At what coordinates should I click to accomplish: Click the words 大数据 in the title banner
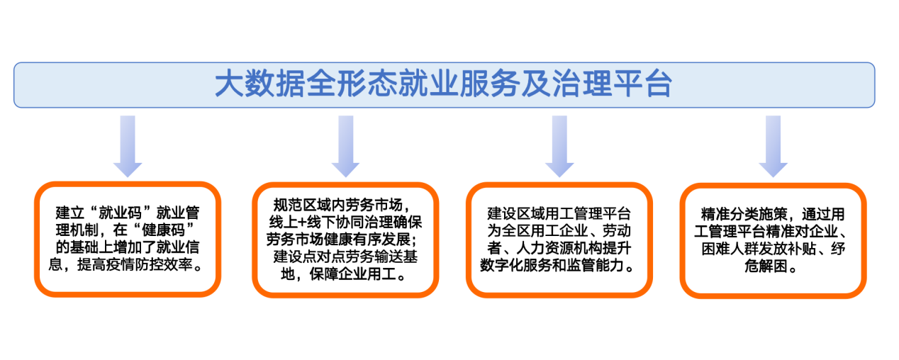(x=260, y=84)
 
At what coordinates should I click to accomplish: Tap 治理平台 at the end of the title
(x=612, y=84)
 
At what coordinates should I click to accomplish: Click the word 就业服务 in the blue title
(x=458, y=84)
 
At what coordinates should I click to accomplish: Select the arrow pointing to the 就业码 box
(x=128, y=147)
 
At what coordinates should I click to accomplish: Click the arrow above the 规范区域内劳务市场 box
(x=345, y=147)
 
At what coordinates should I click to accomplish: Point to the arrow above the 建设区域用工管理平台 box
(x=559, y=147)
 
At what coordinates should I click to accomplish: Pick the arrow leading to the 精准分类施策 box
(x=773, y=147)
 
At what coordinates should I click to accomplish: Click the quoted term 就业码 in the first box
(x=120, y=213)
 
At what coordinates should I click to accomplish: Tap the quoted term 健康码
(x=163, y=230)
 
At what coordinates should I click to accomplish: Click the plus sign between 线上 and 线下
(x=302, y=223)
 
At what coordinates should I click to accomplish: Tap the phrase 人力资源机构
(x=559, y=248)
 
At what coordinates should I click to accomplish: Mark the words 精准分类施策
(x=744, y=214)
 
